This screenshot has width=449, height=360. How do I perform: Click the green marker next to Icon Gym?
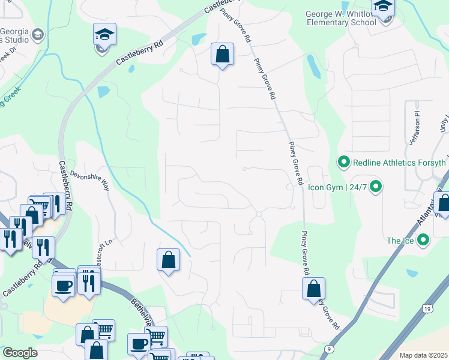pos(376,187)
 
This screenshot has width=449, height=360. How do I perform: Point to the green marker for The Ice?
pos(423,241)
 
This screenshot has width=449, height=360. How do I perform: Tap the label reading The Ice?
pos(400,241)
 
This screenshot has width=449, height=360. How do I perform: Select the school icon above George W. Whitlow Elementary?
pos(382,8)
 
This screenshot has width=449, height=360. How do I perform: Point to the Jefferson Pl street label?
pos(413,129)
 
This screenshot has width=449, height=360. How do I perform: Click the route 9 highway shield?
pos(330,348)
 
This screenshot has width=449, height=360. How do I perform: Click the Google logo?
pos(20,353)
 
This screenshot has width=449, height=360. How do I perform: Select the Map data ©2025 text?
pos(423,355)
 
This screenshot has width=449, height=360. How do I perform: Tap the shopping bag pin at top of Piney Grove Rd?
pos(222,55)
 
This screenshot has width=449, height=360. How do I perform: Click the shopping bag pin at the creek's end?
pos(169,260)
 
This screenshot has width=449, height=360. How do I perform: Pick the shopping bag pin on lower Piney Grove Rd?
pos(313,289)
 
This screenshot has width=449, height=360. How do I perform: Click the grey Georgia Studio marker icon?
pos(38,34)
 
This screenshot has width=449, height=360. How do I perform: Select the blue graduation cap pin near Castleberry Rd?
pos(104,35)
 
